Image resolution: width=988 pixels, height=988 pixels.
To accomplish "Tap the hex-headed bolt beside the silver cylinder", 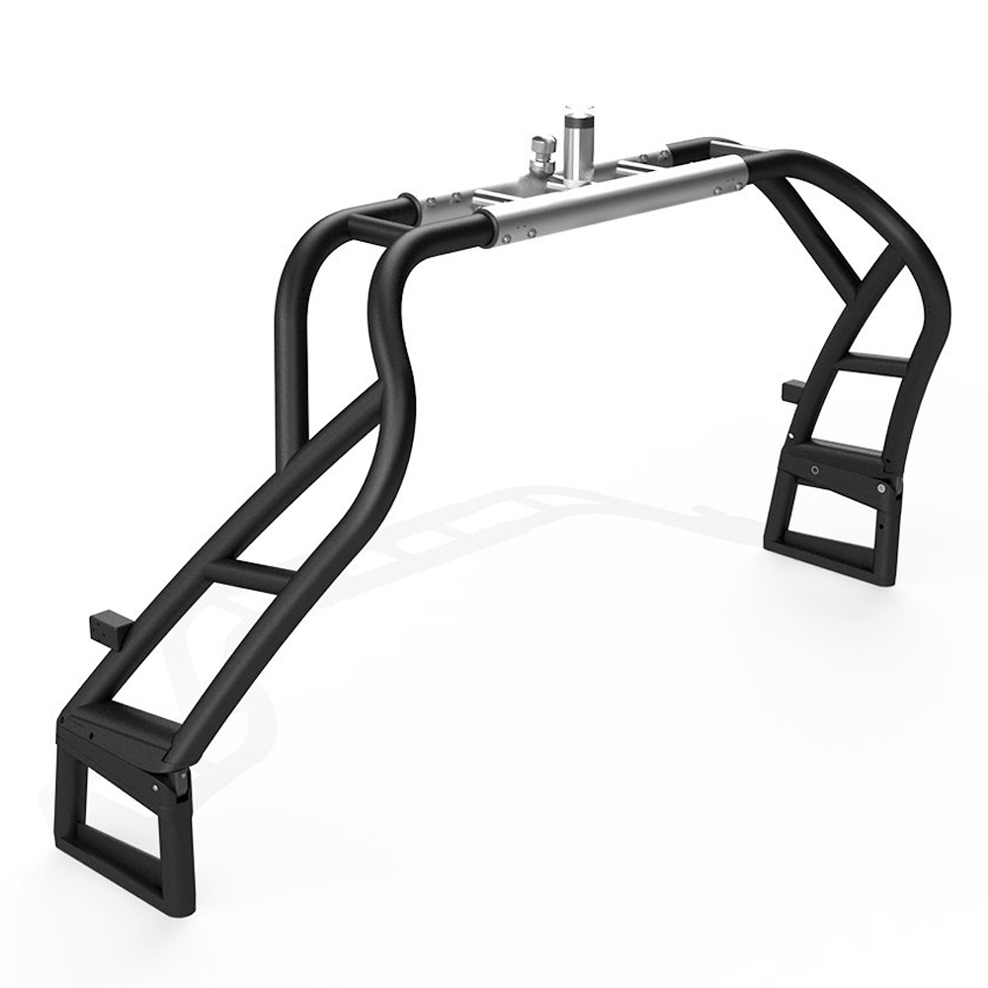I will [540, 153].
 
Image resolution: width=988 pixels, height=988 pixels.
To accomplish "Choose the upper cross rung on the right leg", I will [874, 364].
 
